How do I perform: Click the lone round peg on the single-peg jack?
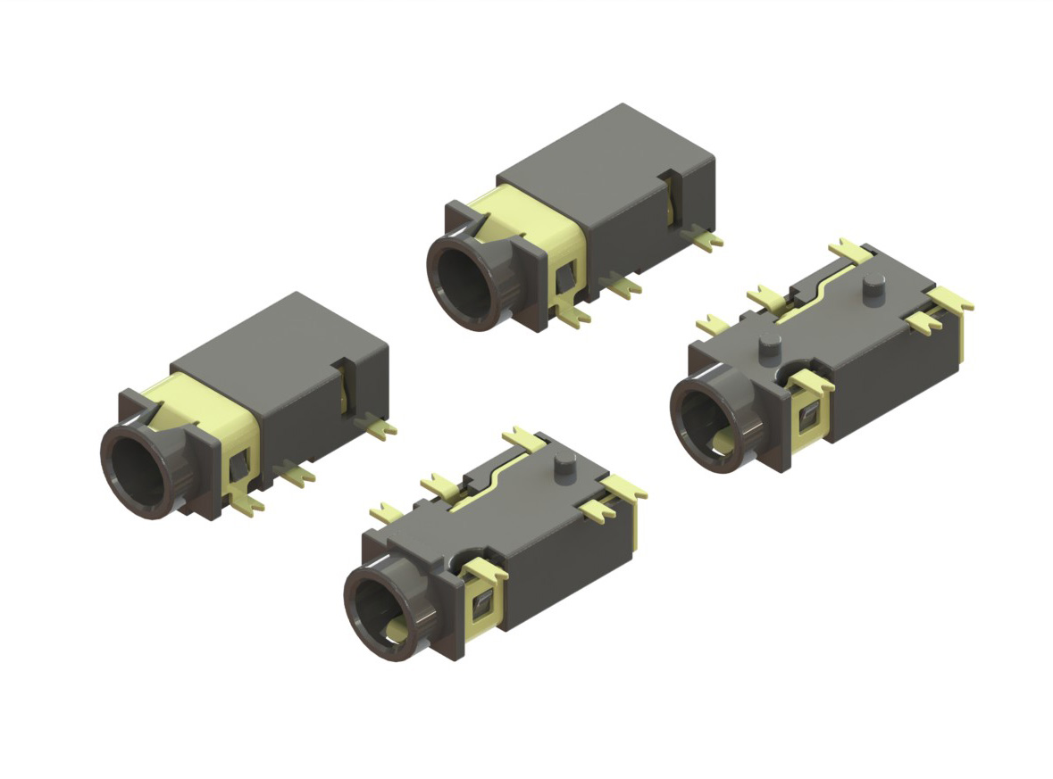pos(565,464)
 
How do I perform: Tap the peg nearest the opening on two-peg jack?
pos(766,345)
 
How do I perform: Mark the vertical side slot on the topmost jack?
pos(672,198)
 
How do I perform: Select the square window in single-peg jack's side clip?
pos(482,604)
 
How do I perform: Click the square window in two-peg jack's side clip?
pos(809,415)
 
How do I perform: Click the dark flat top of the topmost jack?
pos(607,156)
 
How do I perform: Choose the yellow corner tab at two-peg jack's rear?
pos(949,299)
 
